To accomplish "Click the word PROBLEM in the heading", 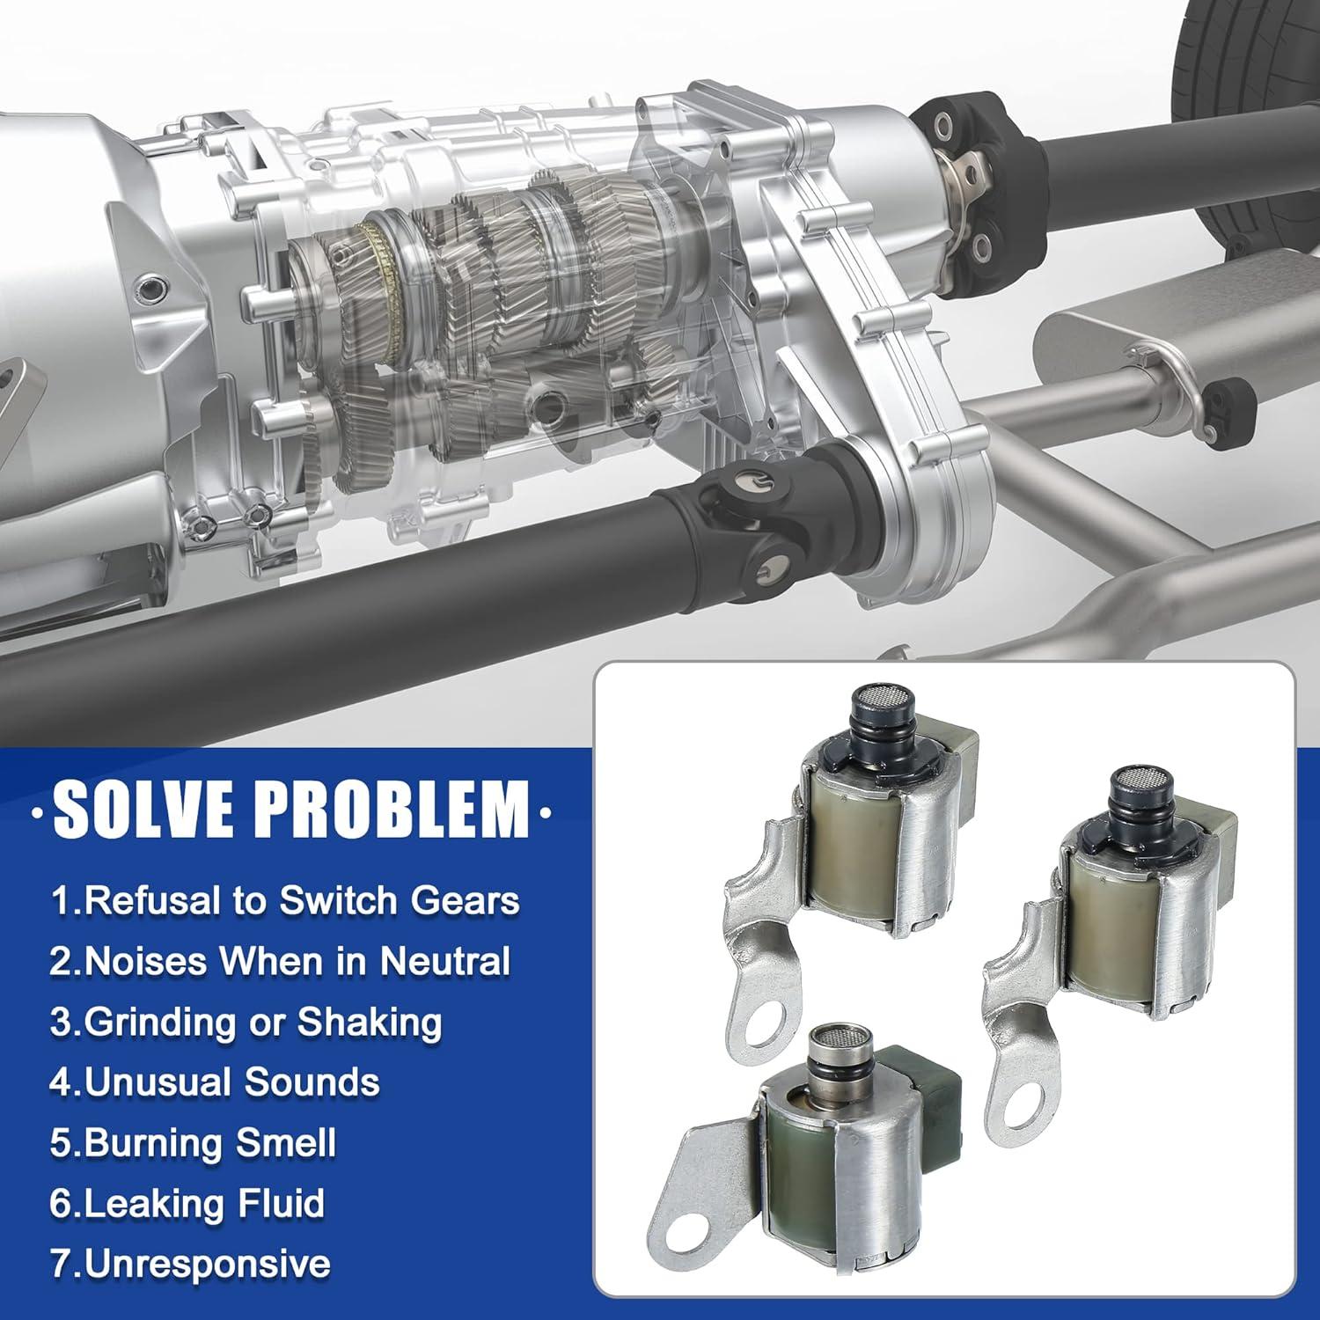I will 393,808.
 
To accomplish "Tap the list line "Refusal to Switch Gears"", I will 284,900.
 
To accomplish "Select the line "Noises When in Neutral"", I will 280,961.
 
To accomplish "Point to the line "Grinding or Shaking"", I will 246,1022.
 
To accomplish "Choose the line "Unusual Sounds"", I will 214,1082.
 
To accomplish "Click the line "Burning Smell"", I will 193,1143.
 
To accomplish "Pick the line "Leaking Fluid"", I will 187,1204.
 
